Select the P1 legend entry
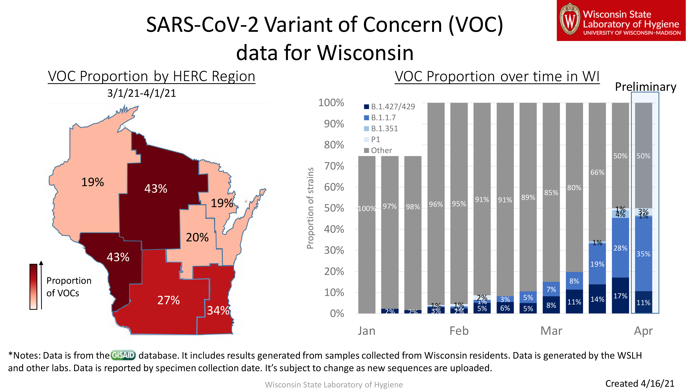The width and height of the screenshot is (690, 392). [375, 139]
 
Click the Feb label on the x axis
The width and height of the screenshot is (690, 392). [459, 331]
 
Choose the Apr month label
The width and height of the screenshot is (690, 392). [643, 331]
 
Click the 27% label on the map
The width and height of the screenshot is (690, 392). [169, 300]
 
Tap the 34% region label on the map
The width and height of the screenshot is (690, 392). [218, 310]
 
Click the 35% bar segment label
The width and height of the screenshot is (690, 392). [643, 254]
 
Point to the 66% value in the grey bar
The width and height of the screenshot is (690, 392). [597, 172]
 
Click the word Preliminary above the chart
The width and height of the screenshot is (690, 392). [645, 87]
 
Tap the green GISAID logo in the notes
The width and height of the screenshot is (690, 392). [123, 355]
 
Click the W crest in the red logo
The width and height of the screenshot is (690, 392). [570, 20]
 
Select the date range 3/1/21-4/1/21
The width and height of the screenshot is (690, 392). [142, 93]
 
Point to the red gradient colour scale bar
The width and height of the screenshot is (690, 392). [33, 287]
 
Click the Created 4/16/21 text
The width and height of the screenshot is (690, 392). [640, 383]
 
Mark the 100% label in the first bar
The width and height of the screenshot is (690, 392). [366, 208]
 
